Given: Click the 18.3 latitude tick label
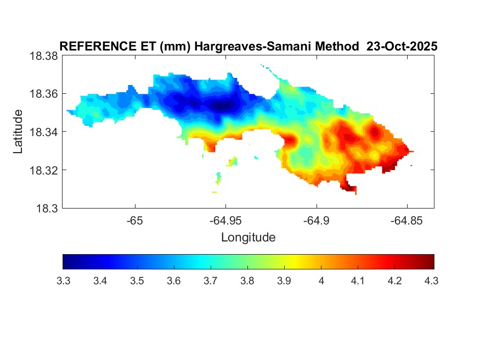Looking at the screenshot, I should (46, 208).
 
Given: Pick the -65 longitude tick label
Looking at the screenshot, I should (134, 221).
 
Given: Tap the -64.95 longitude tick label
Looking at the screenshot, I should (225, 221).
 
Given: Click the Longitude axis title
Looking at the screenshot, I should (248, 238).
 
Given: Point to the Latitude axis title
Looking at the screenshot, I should (19, 132).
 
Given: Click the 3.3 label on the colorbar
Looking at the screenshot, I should (63, 281).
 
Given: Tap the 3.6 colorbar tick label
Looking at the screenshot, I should (174, 281).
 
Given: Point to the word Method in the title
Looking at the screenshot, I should (335, 47).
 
